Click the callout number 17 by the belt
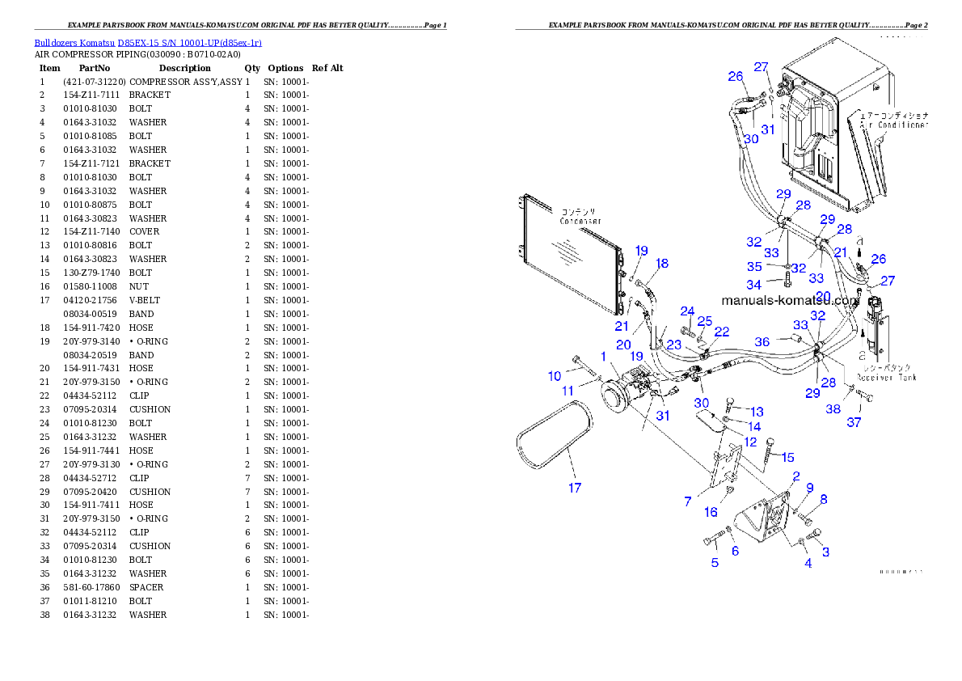(x=575, y=488)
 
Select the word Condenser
(x=580, y=221)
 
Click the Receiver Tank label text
(x=887, y=377)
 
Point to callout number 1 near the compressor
(x=603, y=357)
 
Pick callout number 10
(x=555, y=376)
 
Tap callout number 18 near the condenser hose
(x=662, y=264)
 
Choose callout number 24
(x=687, y=311)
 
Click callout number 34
(x=753, y=285)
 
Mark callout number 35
(x=753, y=266)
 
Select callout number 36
(x=762, y=342)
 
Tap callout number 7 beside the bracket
(x=688, y=501)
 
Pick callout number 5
(x=715, y=562)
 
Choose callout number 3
(x=825, y=552)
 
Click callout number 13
(x=757, y=412)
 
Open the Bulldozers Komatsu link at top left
(x=148, y=42)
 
